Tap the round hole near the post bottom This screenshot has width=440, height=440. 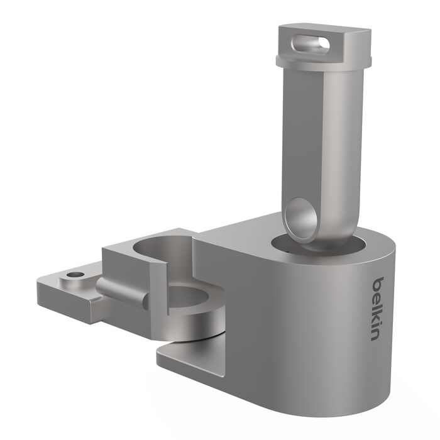coord(300,218)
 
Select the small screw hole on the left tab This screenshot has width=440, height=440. coord(75,275)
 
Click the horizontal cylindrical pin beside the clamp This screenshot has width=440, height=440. coord(123,291)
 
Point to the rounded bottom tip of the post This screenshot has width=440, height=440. coord(314,242)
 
